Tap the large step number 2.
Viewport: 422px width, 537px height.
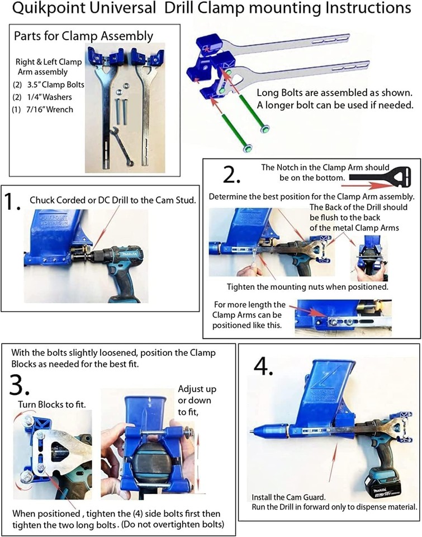[x=231, y=175]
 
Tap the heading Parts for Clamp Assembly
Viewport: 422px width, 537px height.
[x=83, y=36]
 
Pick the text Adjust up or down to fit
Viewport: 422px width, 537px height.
[x=197, y=400]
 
